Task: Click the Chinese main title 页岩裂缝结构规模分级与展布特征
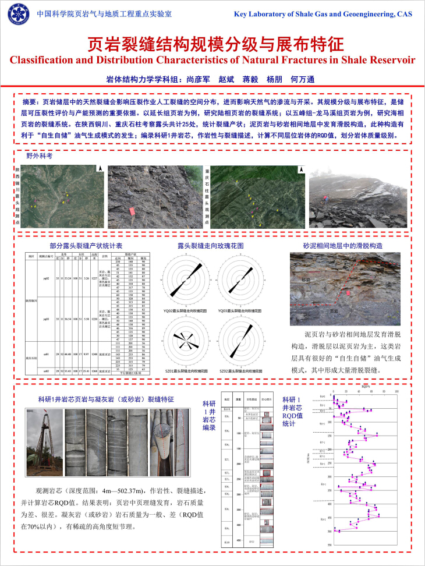coord(212,44)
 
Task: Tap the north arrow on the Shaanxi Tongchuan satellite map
coord(100,169)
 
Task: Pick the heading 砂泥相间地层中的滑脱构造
coord(343,246)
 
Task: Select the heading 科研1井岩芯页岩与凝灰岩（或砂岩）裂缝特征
coord(105,399)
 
